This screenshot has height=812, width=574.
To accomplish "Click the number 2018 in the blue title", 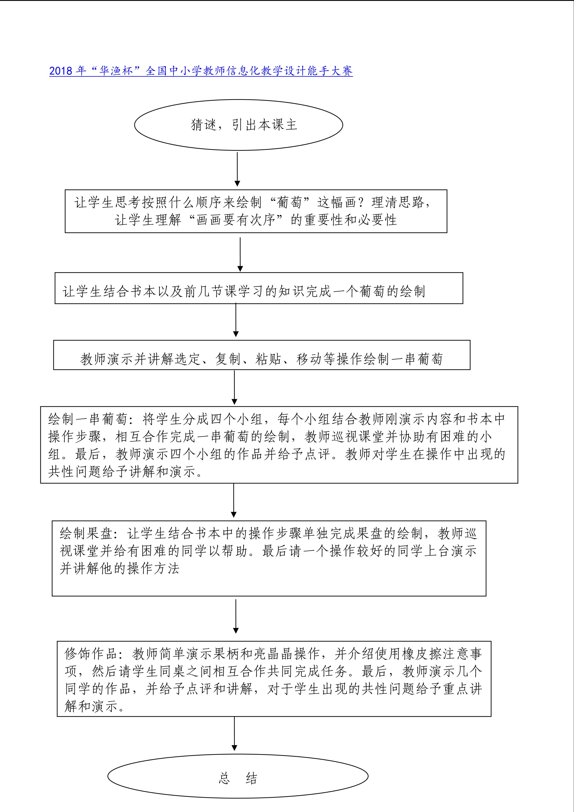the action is point(61,71).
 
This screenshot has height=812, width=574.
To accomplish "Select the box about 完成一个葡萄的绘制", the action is point(259,288).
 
